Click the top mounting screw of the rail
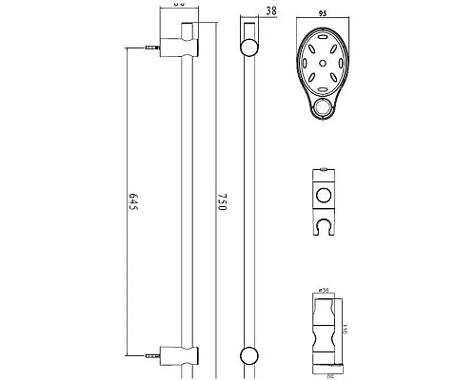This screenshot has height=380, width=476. coord(149,45)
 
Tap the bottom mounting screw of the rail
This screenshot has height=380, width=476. coord(149,357)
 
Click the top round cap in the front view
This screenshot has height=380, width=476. coord(249,47)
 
